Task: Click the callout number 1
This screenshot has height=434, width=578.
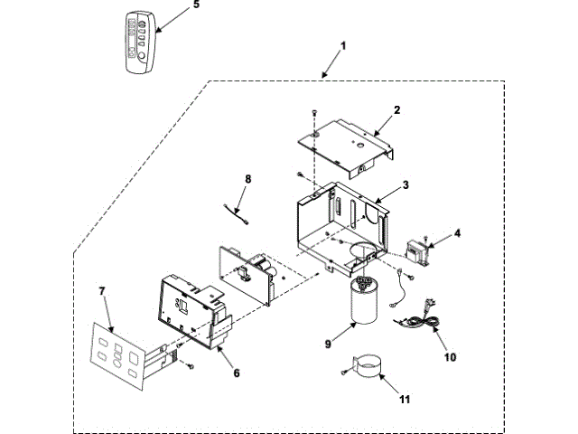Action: click(x=342, y=44)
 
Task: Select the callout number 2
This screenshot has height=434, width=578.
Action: click(x=396, y=109)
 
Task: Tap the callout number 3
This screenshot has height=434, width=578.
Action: click(x=406, y=184)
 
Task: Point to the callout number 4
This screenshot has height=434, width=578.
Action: click(x=457, y=233)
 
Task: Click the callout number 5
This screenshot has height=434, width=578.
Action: click(x=196, y=5)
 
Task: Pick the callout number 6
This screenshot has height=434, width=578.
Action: click(x=236, y=373)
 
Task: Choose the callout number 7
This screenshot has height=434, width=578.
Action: click(x=102, y=291)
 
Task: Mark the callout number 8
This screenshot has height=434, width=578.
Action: click(x=248, y=179)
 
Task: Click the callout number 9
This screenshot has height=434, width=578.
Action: click(x=328, y=343)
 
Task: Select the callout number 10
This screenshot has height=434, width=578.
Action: click(x=450, y=356)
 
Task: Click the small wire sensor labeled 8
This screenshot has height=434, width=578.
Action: click(x=237, y=214)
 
